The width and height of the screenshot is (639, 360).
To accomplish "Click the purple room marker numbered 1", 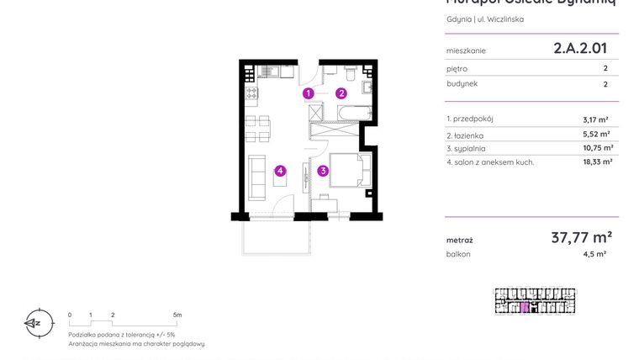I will tap(309, 93).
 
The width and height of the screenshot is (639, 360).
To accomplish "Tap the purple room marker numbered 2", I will tap(341, 93).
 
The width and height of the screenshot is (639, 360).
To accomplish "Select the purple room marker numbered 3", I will tap(323, 171).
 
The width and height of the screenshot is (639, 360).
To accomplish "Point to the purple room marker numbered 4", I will tap(280, 171).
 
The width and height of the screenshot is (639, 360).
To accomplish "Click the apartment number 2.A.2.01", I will tap(579, 49).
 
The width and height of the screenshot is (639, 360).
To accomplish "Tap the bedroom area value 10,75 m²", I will tap(598, 147).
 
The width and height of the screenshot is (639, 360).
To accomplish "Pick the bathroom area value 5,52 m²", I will tap(596, 134).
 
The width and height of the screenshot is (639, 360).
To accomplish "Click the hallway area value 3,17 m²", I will tap(596, 119).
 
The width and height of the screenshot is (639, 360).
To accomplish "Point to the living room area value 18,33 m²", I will tap(597, 161).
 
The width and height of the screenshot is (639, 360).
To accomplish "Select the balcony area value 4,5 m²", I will tap(595, 253).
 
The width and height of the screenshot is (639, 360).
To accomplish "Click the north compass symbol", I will tap(34, 322).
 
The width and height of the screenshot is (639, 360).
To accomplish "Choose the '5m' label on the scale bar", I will tap(177, 315).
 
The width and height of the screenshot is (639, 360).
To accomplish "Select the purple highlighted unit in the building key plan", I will tap(525, 308).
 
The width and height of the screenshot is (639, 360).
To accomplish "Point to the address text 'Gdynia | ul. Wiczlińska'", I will tap(484, 19).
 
